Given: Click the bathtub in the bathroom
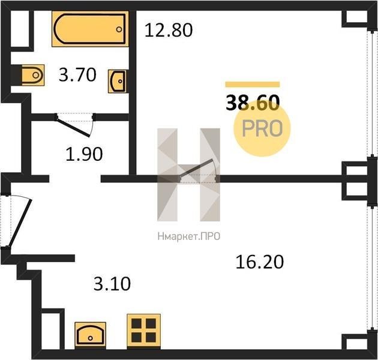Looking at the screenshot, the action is click(90, 29).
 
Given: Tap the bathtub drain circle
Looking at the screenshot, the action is click(119, 29).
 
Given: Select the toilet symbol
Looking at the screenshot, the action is click(33, 75).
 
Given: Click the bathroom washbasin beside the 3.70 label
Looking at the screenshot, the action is click(117, 81).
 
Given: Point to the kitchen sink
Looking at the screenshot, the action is click(91, 335).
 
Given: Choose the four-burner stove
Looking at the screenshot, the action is click(143, 331).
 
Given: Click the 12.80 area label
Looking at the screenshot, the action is click(169, 30).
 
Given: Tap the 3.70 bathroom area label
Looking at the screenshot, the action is click(77, 74).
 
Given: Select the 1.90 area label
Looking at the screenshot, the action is click(84, 154).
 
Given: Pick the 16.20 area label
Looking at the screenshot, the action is click(260, 262).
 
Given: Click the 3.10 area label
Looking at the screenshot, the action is click(112, 284).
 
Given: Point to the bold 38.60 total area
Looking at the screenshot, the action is click(253, 103).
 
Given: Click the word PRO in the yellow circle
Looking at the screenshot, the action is click(262, 128).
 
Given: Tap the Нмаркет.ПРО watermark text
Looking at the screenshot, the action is click(189, 236).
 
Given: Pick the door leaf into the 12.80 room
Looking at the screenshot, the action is click(196, 168).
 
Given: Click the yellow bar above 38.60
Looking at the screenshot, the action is click(253, 84).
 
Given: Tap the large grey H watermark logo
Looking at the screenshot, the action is click(189, 175).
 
